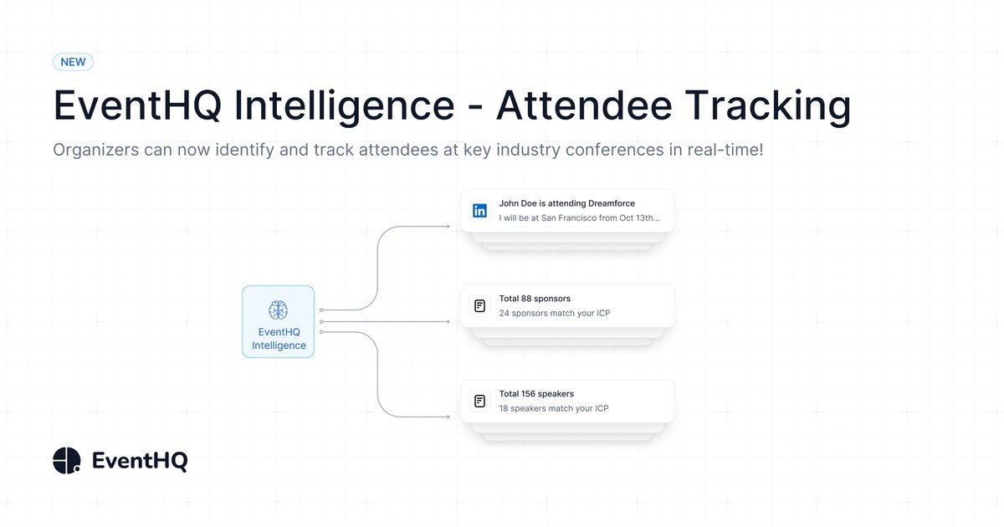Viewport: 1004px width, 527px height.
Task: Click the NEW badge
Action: pos(73,62)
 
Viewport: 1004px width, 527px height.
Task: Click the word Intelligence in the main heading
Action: pos(344,105)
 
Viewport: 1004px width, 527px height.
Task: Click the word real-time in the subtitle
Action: pos(722,151)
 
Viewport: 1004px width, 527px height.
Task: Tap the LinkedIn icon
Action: pos(479,211)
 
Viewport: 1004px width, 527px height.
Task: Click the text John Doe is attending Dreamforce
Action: pos(566,203)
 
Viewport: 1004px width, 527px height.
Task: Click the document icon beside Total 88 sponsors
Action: pos(479,306)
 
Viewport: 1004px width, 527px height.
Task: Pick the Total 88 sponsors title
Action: pos(535,299)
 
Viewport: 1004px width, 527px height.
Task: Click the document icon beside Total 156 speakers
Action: pos(479,402)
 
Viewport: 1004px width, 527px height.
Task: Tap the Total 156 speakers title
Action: pos(536,394)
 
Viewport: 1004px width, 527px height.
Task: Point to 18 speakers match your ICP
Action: pos(554,409)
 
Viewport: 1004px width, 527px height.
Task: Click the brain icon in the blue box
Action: pos(279,310)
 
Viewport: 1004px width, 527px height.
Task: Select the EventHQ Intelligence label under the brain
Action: pos(279,339)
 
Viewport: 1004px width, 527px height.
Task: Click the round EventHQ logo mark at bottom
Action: pos(67,460)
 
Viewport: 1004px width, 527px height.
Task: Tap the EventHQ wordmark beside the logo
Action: pos(140,461)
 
